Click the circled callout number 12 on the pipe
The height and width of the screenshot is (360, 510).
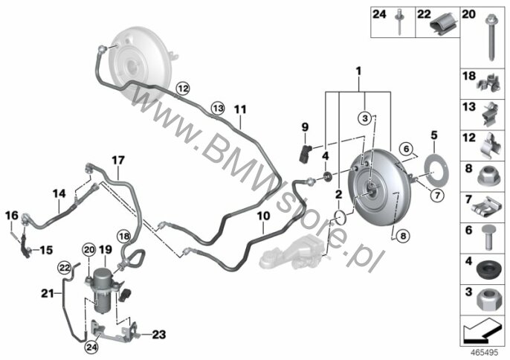click(x=183, y=88)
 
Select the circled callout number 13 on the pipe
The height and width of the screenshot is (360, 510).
click(x=219, y=108)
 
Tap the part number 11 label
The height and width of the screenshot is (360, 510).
click(x=240, y=109)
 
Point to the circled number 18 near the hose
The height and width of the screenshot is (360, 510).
click(x=124, y=237)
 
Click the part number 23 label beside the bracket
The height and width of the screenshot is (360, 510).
click(x=159, y=335)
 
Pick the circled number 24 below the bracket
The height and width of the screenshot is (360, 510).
click(x=91, y=347)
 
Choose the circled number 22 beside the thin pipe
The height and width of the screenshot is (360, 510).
click(x=65, y=268)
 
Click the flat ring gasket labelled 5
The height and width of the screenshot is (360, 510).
click(x=435, y=172)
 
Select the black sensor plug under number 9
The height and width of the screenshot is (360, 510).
click(x=305, y=154)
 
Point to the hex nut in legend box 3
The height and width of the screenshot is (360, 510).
click(x=486, y=300)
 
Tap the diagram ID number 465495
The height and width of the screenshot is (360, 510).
click(x=485, y=353)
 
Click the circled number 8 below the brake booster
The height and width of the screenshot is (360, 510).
click(x=403, y=235)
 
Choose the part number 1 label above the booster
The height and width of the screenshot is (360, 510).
click(x=358, y=71)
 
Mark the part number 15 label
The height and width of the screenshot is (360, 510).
click(x=46, y=250)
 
